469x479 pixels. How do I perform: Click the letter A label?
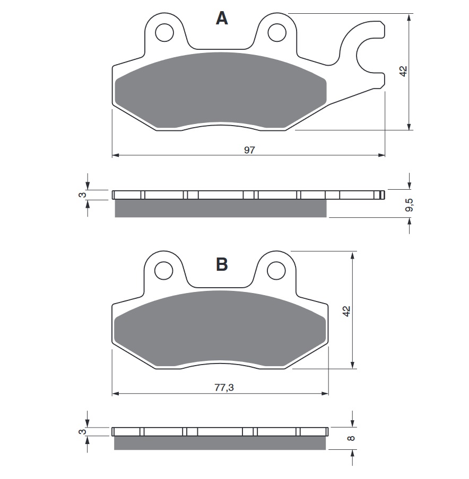(222, 19)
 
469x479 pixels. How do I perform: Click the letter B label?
(222, 263)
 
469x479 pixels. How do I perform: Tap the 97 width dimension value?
(249, 150)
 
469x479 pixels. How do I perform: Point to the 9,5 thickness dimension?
(409, 206)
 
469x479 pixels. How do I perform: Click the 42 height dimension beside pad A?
(403, 71)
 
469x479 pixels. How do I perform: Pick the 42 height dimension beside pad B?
(346, 311)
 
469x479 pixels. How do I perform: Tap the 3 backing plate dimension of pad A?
(82, 195)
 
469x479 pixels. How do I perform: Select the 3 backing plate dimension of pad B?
(82, 432)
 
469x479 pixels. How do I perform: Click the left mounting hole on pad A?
(164, 33)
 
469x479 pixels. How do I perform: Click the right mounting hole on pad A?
(276, 33)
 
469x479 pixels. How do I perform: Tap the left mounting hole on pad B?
(164, 271)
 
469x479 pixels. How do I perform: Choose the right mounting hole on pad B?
(276, 271)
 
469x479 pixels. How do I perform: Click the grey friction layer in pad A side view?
(220, 209)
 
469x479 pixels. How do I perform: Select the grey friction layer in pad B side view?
(220, 442)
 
